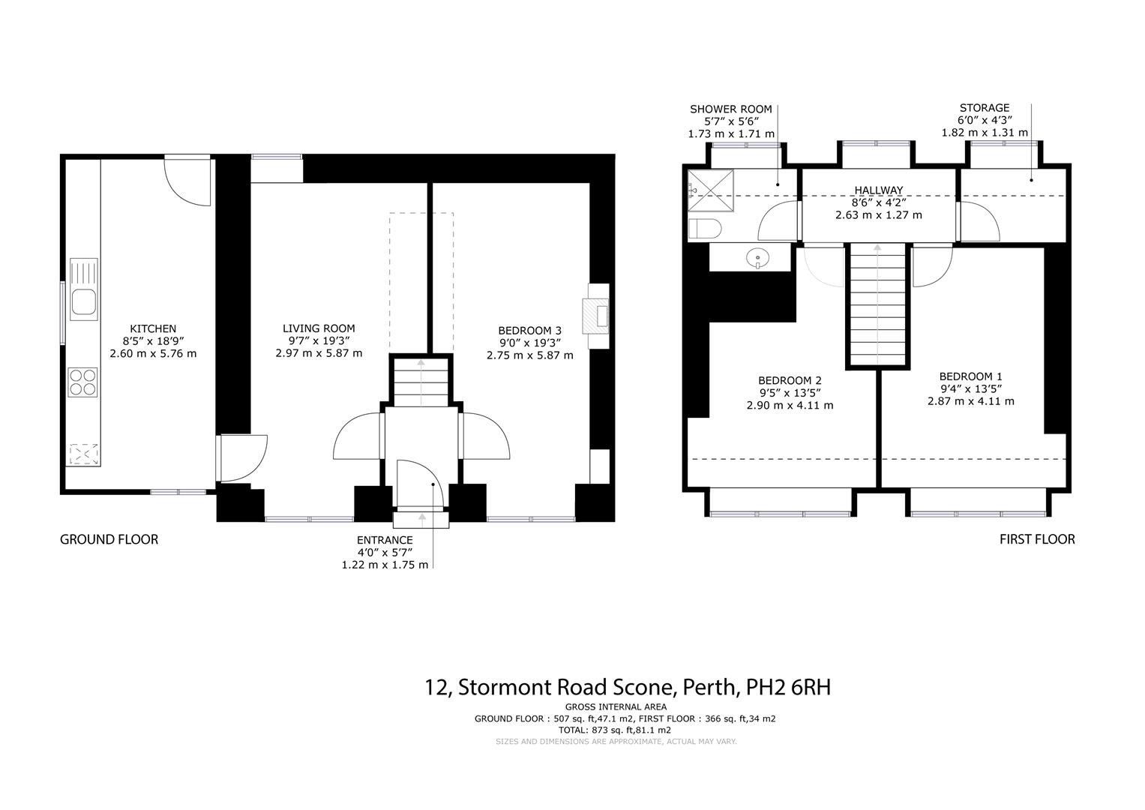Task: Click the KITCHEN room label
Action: click(x=153, y=328)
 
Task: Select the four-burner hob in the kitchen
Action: click(x=83, y=382)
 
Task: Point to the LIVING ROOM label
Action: click(x=319, y=328)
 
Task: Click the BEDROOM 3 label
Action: click(x=529, y=331)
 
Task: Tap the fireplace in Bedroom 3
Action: click(x=598, y=315)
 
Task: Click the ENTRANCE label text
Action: click(x=385, y=540)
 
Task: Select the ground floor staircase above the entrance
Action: click(x=421, y=382)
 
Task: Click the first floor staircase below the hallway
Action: click(x=877, y=307)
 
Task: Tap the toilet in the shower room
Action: click(x=704, y=229)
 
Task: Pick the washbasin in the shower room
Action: click(x=758, y=259)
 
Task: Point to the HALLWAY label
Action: click(x=879, y=190)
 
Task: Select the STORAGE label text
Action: click(x=985, y=108)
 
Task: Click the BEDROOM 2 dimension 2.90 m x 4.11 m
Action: click(x=790, y=405)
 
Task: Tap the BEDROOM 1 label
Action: click(x=970, y=376)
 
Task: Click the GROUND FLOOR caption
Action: click(x=109, y=539)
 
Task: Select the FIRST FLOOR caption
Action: click(x=1037, y=539)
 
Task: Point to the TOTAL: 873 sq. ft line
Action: click(x=614, y=730)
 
